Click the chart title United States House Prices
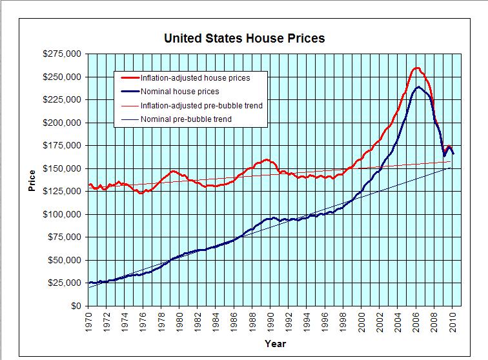click(244, 38)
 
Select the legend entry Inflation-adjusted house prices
click(195, 77)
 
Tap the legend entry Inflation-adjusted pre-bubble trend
click(201, 105)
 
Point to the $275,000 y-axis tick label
click(62, 54)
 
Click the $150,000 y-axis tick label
click(62, 168)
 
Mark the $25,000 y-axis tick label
click(65, 283)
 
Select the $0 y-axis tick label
click(76, 306)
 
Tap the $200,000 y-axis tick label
click(62, 123)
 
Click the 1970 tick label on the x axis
click(90, 321)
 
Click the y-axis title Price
click(32, 181)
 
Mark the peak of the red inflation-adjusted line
click(417, 68)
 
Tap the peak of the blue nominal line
click(419, 86)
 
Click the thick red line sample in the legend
click(128, 77)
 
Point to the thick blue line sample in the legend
click(128, 92)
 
